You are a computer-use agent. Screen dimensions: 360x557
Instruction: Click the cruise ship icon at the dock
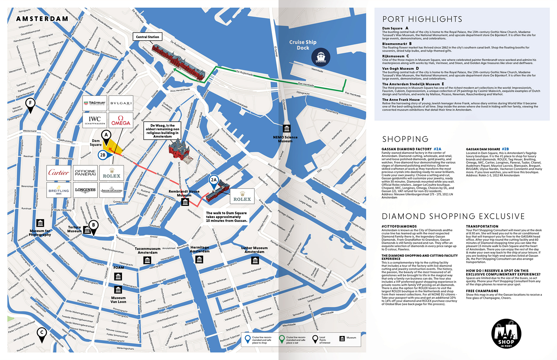tap(321, 57)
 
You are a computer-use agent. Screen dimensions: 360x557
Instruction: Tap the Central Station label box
tap(147, 37)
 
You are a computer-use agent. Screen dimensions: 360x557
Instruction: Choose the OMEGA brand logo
tap(120, 120)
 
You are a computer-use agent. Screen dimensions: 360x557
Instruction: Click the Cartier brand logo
tap(59, 173)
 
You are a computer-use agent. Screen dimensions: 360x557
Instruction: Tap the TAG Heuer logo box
tap(95, 103)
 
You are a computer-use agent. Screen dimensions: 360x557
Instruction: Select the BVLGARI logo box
tap(121, 103)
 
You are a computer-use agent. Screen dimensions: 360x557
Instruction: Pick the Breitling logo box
tap(59, 190)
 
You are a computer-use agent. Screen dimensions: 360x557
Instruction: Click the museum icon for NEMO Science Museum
tap(286, 128)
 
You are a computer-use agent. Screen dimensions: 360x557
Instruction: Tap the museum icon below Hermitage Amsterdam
tap(199, 260)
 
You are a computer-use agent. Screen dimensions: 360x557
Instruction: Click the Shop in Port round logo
tap(506, 334)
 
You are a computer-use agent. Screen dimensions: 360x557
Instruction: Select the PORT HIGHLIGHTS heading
tap(422, 19)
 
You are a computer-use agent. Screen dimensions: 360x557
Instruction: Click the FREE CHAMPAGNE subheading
tap(482, 291)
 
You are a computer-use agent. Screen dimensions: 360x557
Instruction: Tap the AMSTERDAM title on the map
tap(42, 19)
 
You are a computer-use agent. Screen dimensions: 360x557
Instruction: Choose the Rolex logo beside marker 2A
tap(242, 197)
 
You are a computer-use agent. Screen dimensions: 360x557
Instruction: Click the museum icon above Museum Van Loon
tap(118, 290)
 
